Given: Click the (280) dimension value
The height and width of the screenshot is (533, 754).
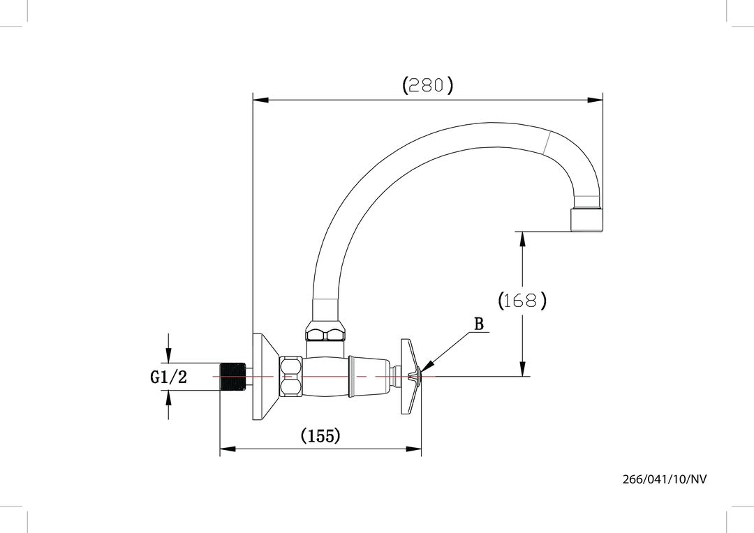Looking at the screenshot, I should tap(428, 85).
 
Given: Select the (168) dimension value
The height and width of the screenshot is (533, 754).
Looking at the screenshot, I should tap(522, 301).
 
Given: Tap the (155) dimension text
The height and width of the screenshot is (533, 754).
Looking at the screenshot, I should tap(320, 436).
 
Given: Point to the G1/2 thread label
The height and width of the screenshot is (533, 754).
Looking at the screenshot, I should tap(169, 377).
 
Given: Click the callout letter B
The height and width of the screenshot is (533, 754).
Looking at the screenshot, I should tap(479, 324).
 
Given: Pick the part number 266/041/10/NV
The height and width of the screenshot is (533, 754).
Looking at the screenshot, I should tap(668, 479).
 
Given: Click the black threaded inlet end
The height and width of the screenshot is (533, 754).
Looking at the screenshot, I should tap(233, 377).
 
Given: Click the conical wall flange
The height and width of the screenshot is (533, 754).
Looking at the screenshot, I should tap(264, 377).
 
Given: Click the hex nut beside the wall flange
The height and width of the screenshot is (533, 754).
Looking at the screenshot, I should tap(290, 377).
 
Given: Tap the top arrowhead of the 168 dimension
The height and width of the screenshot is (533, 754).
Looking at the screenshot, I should tap(522, 239).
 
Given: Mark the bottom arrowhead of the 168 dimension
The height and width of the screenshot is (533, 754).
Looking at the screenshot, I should tap(522, 369).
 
